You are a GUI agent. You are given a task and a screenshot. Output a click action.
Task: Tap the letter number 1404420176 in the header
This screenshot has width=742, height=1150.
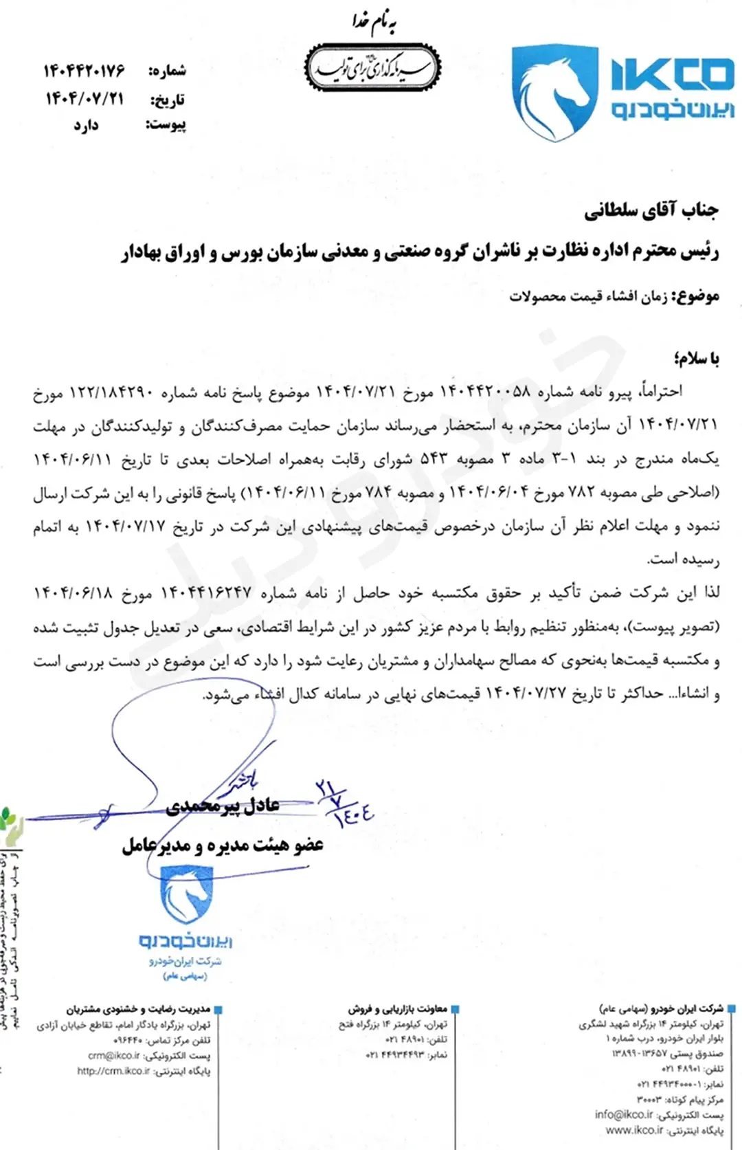(x=85, y=70)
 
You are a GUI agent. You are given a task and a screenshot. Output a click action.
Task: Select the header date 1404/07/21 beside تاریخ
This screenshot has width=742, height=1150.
(x=85, y=99)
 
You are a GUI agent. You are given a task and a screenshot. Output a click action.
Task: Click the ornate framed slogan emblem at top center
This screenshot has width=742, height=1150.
(x=372, y=68)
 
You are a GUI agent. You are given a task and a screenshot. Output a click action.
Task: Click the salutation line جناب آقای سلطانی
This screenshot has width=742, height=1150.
(x=651, y=210)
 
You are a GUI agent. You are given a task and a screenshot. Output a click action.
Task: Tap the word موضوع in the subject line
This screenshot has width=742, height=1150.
(x=696, y=296)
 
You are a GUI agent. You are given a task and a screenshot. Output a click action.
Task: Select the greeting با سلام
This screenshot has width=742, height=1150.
(x=696, y=358)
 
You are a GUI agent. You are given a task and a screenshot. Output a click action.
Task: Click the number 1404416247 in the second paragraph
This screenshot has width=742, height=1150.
(x=206, y=593)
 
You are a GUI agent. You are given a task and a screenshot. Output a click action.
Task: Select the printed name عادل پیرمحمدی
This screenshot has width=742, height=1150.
(x=223, y=805)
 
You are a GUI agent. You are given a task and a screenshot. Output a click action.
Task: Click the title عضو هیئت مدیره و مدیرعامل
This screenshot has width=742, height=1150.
(x=223, y=845)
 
